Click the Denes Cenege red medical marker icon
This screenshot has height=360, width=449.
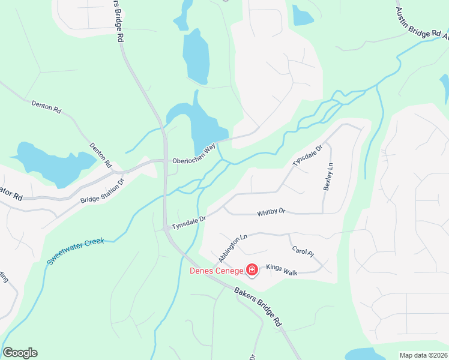pyautogui.click(x=252, y=271)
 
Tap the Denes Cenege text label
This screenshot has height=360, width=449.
pyautogui.click(x=216, y=271)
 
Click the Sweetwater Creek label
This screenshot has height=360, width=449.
pyautogui.click(x=76, y=251)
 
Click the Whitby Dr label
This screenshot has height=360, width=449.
pyautogui.click(x=271, y=212)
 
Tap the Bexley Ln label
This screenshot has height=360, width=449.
pyautogui.click(x=328, y=177)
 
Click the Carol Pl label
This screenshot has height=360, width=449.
pyautogui.click(x=303, y=251)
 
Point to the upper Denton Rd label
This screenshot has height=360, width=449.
pyautogui.click(x=46, y=107)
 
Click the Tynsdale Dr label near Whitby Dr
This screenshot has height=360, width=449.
pyautogui.click(x=188, y=223)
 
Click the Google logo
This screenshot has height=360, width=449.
pyautogui.click(x=20, y=353)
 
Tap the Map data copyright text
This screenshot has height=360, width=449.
pyautogui.click(x=423, y=355)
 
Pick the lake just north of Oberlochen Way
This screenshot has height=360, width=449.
pyautogui.click(x=204, y=126)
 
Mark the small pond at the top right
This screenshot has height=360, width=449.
pyautogui.click(x=302, y=16)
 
